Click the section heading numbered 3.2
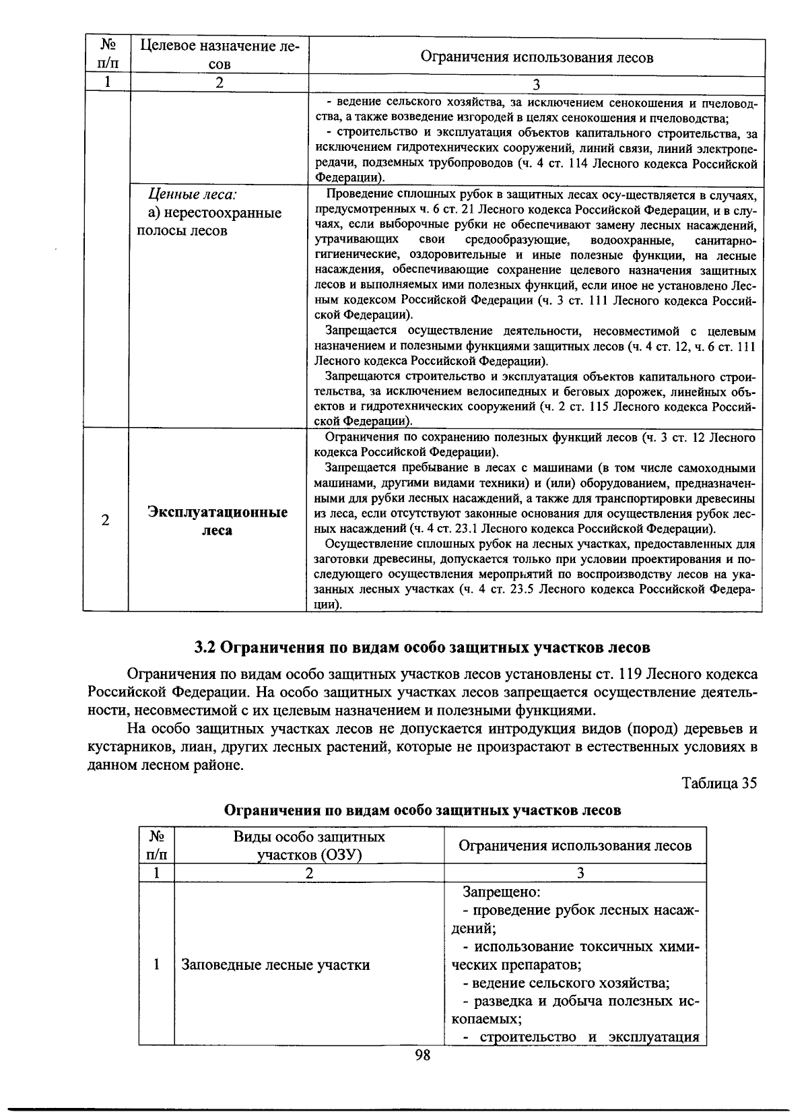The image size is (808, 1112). tap(422, 648)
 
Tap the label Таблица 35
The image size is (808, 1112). tap(719, 783)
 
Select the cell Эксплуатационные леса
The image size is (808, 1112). tap(217, 521)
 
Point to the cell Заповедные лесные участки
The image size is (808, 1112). tap(276, 965)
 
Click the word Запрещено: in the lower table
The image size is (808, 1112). tap(501, 892)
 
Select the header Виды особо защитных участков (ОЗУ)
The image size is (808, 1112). tap(309, 846)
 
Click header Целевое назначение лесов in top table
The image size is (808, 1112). tap(219, 55)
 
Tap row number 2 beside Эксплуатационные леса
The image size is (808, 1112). tap(105, 521)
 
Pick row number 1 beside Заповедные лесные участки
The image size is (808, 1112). tap(156, 965)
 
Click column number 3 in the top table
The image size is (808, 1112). tap(536, 85)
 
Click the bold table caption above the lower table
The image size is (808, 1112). tap(422, 810)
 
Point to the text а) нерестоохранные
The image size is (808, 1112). tap(215, 214)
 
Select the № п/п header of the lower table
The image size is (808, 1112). tap(156, 846)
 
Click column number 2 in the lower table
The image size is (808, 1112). tap(309, 874)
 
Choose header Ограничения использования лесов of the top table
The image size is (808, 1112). tap(536, 57)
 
